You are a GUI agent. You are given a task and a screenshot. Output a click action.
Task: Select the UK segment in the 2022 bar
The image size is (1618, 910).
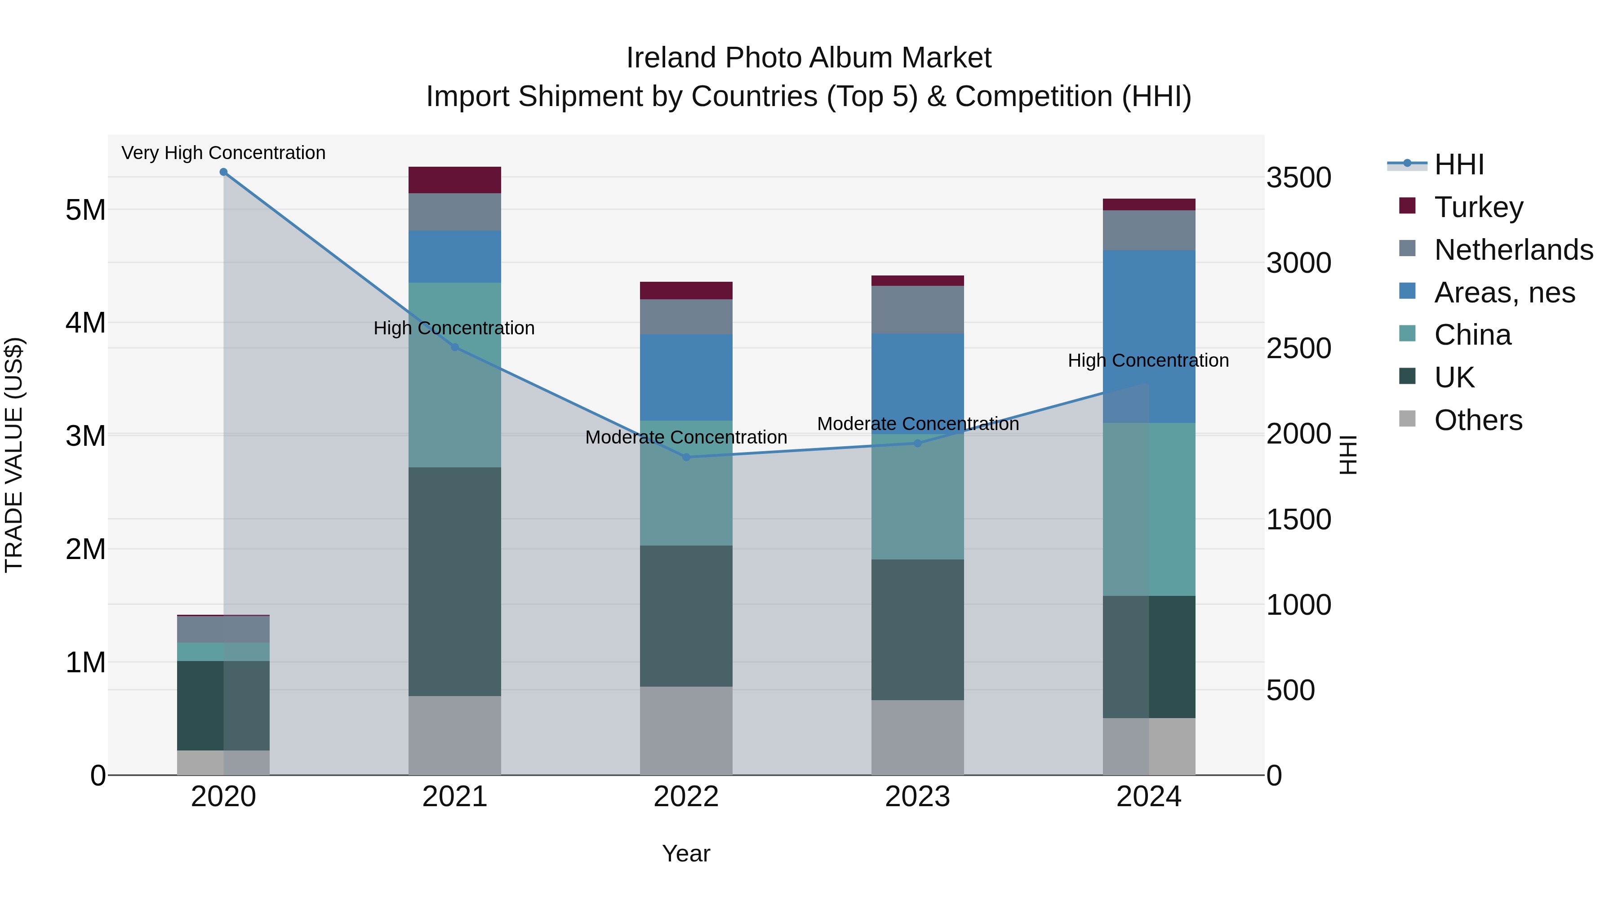[686, 616]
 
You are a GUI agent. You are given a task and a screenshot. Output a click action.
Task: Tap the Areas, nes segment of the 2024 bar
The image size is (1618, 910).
[1149, 336]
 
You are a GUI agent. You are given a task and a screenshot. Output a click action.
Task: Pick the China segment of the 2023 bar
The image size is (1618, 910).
[917, 496]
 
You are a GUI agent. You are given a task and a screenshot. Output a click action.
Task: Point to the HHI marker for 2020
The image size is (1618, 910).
[224, 172]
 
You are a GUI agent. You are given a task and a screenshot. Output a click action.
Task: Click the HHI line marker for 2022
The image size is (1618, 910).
[686, 457]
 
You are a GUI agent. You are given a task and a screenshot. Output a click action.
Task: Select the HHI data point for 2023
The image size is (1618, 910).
[917, 444]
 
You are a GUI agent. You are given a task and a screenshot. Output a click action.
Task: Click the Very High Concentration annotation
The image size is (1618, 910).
[224, 153]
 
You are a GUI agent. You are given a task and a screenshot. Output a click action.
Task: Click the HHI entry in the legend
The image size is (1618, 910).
[1459, 164]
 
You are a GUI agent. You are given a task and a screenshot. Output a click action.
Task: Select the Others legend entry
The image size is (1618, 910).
[1478, 420]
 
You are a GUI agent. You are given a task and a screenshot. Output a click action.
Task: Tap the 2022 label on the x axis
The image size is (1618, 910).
[686, 797]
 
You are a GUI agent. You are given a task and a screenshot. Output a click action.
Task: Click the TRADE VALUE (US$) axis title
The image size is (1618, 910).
[14, 455]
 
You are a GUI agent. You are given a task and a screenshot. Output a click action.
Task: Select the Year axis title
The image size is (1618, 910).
[686, 853]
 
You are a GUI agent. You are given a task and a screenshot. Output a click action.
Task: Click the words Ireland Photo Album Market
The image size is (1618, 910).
[809, 58]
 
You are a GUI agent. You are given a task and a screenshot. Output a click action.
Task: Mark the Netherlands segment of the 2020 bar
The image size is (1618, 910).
[224, 629]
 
